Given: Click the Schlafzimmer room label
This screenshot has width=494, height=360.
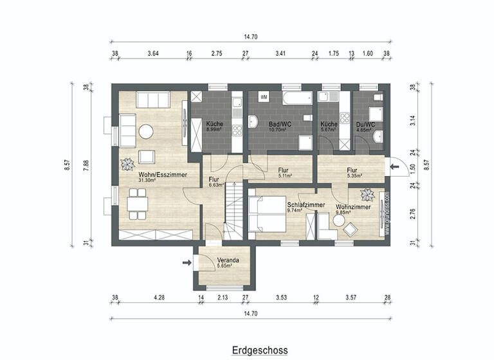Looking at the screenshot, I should coord(306,204).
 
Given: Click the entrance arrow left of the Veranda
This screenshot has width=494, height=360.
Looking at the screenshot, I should coord(187,262).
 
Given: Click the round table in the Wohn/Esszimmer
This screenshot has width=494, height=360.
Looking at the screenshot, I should coord(146,131).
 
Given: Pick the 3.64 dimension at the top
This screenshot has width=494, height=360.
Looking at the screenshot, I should coord(153,54).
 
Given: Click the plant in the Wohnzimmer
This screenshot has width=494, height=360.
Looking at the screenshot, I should coord(369,195).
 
